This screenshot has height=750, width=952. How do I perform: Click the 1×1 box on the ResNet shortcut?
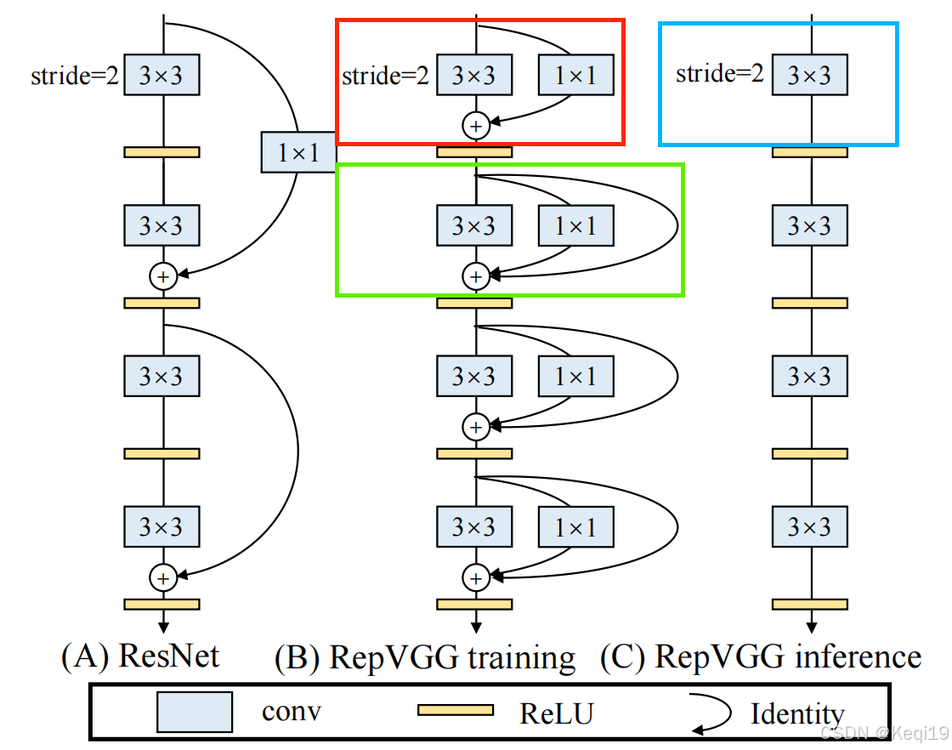(x=298, y=152)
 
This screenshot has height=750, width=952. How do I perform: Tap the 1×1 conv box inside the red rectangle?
(x=575, y=76)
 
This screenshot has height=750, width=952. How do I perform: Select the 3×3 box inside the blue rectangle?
(x=809, y=75)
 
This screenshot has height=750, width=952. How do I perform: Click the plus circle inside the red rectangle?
(x=475, y=126)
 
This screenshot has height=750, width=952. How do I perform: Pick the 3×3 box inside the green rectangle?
(x=473, y=226)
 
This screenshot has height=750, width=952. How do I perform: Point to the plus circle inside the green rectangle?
(x=475, y=276)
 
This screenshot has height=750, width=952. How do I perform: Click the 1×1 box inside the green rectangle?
(x=575, y=226)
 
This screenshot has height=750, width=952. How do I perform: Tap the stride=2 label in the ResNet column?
(x=75, y=76)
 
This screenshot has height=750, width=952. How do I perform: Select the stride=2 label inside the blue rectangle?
(x=719, y=74)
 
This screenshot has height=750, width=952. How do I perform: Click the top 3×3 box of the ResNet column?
(x=161, y=76)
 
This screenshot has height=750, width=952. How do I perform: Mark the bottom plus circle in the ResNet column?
(x=162, y=577)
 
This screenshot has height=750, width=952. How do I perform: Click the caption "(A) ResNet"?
(x=140, y=656)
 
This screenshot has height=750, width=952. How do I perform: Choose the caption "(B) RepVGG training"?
(x=425, y=657)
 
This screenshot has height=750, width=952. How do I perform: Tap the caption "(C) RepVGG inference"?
(x=761, y=657)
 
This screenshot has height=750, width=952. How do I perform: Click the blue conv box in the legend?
(x=195, y=712)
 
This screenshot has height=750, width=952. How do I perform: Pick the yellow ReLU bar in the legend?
(x=455, y=710)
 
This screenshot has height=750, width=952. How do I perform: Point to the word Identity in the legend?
(x=796, y=713)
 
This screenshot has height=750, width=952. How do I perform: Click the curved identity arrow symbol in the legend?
(x=712, y=713)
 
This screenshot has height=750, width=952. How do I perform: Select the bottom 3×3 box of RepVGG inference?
(x=809, y=527)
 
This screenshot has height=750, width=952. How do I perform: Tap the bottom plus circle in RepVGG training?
(x=475, y=577)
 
